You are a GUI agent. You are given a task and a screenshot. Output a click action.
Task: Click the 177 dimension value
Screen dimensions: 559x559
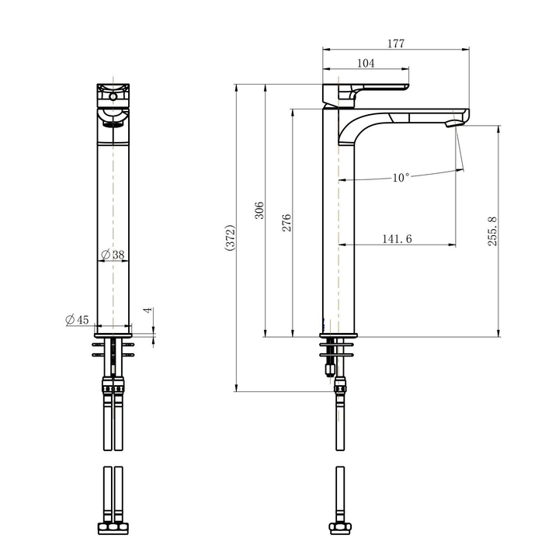(x=396, y=44)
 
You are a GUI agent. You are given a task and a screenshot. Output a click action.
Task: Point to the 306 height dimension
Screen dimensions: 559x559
(x=260, y=210)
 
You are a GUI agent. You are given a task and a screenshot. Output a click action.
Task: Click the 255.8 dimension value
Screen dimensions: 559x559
(x=492, y=231)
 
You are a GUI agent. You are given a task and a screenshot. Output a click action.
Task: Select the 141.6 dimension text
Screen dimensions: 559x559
(x=397, y=239)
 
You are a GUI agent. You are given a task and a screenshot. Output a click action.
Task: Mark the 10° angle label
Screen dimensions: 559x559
(x=401, y=178)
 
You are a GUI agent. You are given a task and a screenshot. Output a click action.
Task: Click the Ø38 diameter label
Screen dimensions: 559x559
(x=113, y=255)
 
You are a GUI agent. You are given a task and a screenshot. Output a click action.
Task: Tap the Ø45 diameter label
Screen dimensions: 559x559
(x=78, y=320)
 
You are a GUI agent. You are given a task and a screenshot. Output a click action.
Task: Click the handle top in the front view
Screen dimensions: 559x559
(x=114, y=91)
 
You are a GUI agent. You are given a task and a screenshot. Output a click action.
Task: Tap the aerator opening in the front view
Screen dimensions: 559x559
(x=114, y=121)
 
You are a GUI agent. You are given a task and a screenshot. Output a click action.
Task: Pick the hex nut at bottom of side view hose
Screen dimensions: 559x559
(x=339, y=530)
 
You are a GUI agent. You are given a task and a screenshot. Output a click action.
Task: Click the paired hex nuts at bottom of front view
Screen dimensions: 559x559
(x=113, y=530)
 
